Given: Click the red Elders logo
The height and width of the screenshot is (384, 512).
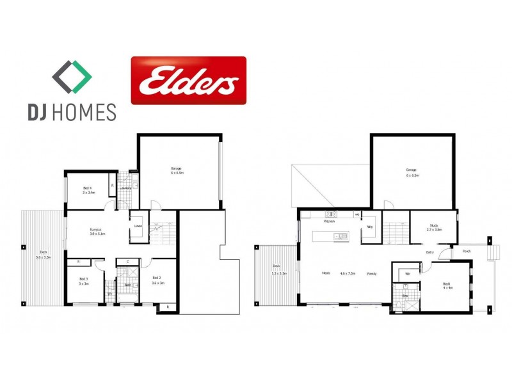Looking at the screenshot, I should [x=188, y=80].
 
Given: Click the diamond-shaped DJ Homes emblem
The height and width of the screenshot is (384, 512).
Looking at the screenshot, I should [x=72, y=78].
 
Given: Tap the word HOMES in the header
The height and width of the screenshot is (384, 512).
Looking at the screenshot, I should [x=89, y=113].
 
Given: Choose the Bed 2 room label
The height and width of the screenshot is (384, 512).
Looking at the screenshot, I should [x=157, y=280].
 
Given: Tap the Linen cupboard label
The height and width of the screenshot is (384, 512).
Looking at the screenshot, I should [x=138, y=226].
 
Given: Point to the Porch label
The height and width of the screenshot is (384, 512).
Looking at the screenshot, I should [x=467, y=252].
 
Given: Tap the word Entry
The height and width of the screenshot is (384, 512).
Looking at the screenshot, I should [x=429, y=252].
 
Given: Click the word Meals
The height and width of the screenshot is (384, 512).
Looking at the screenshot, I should [x=326, y=273].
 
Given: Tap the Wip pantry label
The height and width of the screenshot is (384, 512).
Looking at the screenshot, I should [x=370, y=227].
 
